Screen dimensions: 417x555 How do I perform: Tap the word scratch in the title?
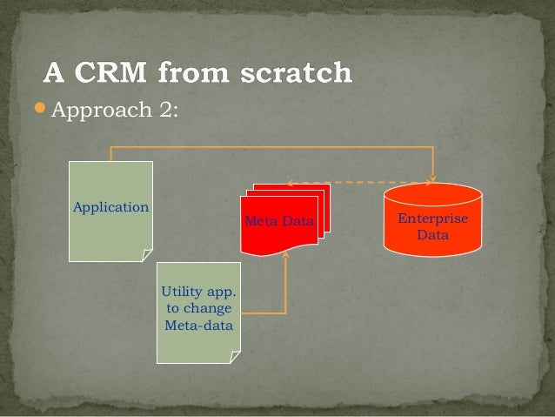(x=295, y=73)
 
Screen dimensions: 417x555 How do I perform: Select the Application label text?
(x=110, y=207)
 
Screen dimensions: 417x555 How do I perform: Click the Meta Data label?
(x=279, y=221)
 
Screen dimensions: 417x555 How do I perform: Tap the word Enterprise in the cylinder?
(x=432, y=219)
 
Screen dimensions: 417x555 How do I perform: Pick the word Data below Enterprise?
(x=432, y=234)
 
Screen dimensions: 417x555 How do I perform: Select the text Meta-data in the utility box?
(x=198, y=325)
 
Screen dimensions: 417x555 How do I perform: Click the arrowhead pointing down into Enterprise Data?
(x=432, y=181)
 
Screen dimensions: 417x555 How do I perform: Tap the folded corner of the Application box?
(x=146, y=254)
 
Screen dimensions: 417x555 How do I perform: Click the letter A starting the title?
(x=54, y=73)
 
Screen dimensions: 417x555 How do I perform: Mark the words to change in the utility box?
(x=198, y=308)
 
